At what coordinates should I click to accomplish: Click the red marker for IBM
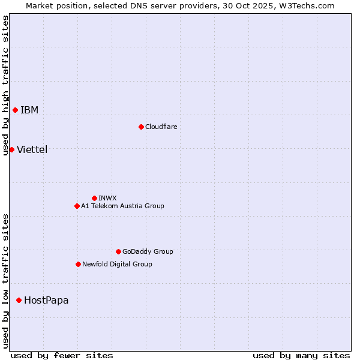[15, 110]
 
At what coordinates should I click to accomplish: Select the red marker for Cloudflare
[141, 127]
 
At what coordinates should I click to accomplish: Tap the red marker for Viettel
[11, 149]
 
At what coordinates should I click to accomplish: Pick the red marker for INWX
[94, 198]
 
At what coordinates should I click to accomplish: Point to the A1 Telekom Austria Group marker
[77, 206]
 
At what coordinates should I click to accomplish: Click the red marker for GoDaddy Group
[118, 251]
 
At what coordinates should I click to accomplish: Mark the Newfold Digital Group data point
[78, 264]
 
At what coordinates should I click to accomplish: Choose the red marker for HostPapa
[19, 300]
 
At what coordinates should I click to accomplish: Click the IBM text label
[29, 110]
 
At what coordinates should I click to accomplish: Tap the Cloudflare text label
[161, 127]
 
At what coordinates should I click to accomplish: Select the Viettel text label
[32, 149]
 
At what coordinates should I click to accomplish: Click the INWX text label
[107, 198]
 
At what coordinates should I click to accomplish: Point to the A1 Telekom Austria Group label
[122, 206]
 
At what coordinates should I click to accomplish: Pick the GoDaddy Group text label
[148, 251]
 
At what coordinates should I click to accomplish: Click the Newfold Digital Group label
[117, 264]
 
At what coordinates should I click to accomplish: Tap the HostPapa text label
[46, 300]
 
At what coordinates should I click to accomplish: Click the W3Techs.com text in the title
[310, 5]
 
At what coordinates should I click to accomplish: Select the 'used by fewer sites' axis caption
[62, 355]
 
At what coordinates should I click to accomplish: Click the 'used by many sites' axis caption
[301, 355]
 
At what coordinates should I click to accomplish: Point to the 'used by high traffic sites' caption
[5, 85]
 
